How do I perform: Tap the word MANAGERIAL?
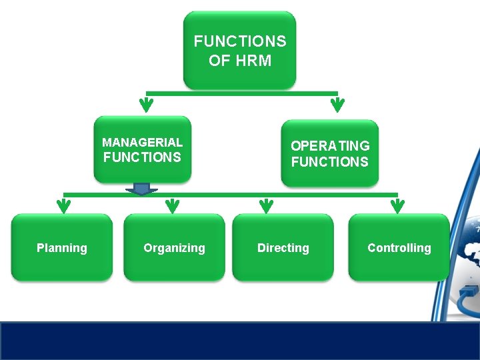(142, 142)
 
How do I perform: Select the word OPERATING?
(330, 145)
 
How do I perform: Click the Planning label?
(62, 248)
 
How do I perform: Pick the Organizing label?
(174, 248)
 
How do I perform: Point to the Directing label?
(283, 248)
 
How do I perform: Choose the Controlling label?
(399, 248)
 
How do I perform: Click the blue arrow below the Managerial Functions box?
(141, 189)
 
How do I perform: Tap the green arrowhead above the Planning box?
(63, 205)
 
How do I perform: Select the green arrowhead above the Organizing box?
(173, 205)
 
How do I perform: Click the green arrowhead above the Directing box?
(266, 205)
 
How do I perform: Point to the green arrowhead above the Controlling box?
(397, 205)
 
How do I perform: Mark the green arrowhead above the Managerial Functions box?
(146, 105)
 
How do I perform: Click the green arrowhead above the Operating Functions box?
(337, 105)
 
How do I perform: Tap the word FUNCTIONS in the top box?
(240, 41)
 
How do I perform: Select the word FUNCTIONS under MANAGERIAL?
(142, 157)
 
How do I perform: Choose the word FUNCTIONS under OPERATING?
(330, 162)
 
